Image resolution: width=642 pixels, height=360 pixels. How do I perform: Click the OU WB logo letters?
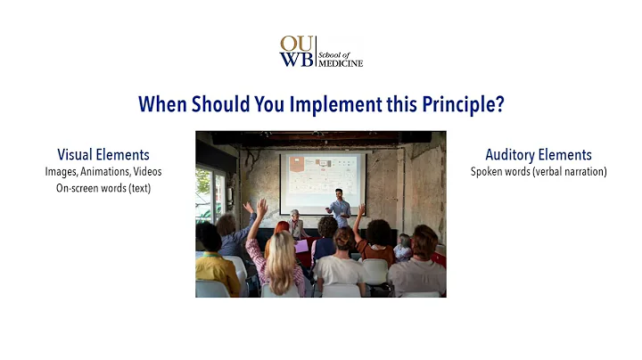295,52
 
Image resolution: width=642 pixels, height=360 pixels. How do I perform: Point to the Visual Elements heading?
103,155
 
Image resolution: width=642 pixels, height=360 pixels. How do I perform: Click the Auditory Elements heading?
538,155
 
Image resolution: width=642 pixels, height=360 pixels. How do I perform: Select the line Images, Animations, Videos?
103,171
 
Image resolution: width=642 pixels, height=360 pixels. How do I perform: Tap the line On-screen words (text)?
103,188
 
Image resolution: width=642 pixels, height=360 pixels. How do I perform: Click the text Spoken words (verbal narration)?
538,171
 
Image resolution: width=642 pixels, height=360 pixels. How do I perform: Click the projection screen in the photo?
322,183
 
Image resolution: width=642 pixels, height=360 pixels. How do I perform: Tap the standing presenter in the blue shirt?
340,209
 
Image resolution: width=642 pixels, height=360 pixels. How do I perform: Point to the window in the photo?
210,192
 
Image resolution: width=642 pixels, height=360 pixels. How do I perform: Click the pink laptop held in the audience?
303,246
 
